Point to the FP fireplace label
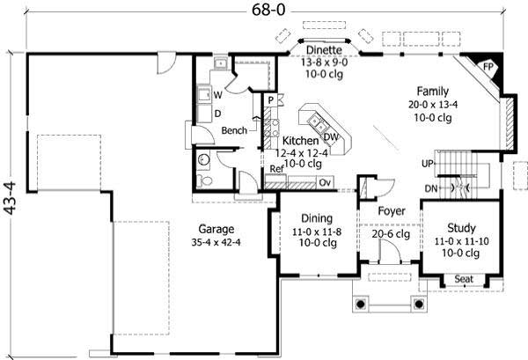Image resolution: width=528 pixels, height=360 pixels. [x=489, y=66]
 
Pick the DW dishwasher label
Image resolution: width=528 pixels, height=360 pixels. [x=331, y=136]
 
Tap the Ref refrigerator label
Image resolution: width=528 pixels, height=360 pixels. [x=275, y=169]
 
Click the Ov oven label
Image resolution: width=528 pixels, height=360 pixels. [x=325, y=182]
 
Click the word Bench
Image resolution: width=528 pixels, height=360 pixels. [x=233, y=130]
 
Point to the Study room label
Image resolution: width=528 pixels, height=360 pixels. [x=461, y=227]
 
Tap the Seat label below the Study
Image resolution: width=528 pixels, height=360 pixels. [x=463, y=280]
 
